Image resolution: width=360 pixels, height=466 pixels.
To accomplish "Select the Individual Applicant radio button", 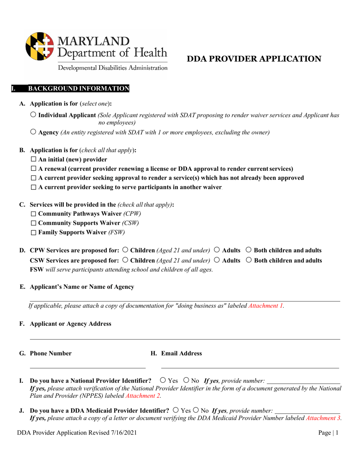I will (33, 115).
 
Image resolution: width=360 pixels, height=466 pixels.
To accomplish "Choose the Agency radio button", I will (33, 132).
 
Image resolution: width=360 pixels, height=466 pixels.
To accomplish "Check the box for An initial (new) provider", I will (33, 160).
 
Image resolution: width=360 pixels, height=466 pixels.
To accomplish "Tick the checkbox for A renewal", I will (33, 169).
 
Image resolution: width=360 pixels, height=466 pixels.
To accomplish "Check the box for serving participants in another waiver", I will (33, 187).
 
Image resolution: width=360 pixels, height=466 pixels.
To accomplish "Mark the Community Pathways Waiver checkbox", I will (33, 214).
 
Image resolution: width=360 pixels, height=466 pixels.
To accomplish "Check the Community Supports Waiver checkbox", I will (33, 223).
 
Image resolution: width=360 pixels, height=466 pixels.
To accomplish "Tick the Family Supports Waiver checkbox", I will (33, 233).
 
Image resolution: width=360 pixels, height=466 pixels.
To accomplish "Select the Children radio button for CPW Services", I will (125, 250).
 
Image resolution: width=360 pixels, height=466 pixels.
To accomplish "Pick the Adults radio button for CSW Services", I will (217, 260).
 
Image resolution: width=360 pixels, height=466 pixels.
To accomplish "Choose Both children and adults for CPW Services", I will (249, 250).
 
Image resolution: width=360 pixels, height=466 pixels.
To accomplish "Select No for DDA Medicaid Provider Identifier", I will (196, 410).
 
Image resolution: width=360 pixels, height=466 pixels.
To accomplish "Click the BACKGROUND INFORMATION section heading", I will (78, 89).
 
